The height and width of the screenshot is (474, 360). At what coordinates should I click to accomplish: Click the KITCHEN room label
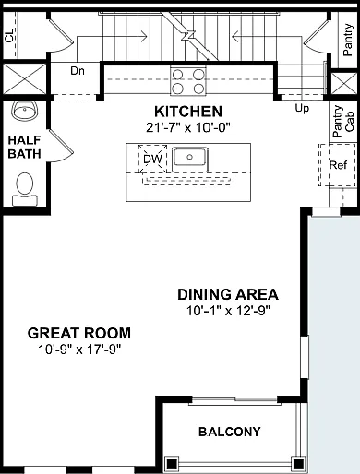tap(188, 112)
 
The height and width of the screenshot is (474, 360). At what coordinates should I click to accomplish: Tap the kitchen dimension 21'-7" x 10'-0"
tap(188, 127)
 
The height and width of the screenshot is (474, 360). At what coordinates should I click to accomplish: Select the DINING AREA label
tap(228, 294)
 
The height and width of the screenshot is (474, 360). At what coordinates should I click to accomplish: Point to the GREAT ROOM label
tap(79, 333)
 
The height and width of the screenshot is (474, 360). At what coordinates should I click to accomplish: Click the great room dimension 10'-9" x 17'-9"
tap(79, 350)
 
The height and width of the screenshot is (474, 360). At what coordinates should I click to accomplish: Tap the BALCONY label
tap(230, 432)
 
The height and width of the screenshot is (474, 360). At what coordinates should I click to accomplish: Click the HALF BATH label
tap(24, 147)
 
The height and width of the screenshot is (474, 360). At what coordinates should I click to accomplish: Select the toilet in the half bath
tap(25, 189)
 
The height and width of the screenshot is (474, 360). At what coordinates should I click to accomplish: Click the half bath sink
tap(25, 111)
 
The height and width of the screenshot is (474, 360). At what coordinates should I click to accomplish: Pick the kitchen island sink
tap(190, 160)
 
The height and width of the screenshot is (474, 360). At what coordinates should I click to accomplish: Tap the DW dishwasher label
tap(152, 160)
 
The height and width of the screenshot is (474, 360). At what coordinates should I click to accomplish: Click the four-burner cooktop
tap(188, 81)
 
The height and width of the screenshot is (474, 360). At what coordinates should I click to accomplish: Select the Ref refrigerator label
tap(338, 165)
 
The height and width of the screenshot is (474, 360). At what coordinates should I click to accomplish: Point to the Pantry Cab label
tap(343, 122)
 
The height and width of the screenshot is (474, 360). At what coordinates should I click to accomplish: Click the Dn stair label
tap(78, 71)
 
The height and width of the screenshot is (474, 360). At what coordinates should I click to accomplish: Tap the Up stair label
tap(302, 109)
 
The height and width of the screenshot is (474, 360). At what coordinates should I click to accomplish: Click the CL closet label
tap(9, 36)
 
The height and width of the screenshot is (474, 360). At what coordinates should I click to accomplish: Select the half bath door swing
tap(62, 146)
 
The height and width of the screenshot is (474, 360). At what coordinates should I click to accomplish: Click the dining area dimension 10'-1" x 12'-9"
tap(228, 311)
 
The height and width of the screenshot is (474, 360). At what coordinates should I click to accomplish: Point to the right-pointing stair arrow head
tap(145, 36)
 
